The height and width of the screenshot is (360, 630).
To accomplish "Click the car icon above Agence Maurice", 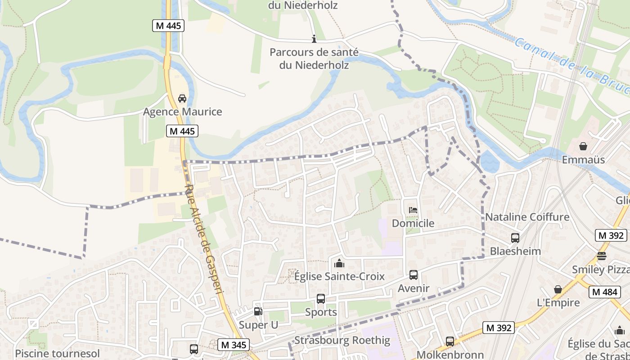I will (x=182, y=98).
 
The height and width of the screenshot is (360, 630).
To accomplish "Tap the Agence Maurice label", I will (x=183, y=112).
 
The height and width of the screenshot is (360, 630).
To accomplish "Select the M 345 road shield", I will (x=234, y=345).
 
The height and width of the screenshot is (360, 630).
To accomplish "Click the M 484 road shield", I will (x=605, y=292).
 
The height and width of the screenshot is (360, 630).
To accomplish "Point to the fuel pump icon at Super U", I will (x=258, y=311).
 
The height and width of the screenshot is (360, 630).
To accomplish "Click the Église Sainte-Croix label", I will (x=339, y=276).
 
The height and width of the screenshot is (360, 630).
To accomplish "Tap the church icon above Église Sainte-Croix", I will (x=339, y=263).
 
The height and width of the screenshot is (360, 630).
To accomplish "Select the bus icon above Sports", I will (x=321, y=298).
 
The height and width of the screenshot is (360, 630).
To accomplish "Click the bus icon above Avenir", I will (x=414, y=274).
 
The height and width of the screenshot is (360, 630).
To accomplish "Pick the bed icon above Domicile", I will (x=413, y=210).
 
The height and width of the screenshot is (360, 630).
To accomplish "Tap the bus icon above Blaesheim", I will (x=515, y=238).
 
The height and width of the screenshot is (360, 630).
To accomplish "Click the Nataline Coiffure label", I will (x=527, y=217).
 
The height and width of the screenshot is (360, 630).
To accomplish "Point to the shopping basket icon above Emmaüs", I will (x=583, y=146).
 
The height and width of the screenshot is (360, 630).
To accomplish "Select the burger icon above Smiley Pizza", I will (x=602, y=256).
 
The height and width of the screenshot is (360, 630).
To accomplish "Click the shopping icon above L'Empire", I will (x=558, y=289).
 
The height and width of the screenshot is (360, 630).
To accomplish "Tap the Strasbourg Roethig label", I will (x=342, y=340).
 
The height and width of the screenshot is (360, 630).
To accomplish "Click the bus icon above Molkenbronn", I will (x=450, y=341).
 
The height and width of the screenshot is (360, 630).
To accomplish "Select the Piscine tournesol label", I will (x=57, y=353).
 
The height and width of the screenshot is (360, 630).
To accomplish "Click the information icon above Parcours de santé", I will (x=314, y=39).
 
